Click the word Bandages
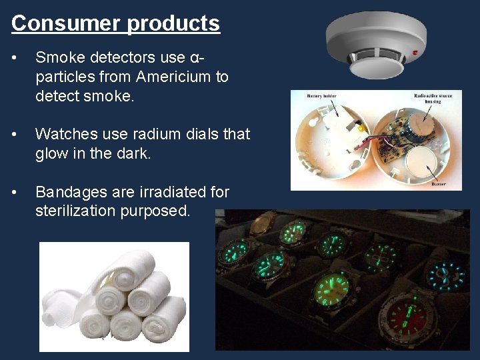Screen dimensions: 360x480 [x=70, y=192]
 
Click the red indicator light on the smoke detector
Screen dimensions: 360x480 [x=415, y=52]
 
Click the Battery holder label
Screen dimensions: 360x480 [x=321, y=96]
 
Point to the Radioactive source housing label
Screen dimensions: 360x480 [x=433, y=98]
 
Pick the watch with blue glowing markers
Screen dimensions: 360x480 [x=446, y=273]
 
